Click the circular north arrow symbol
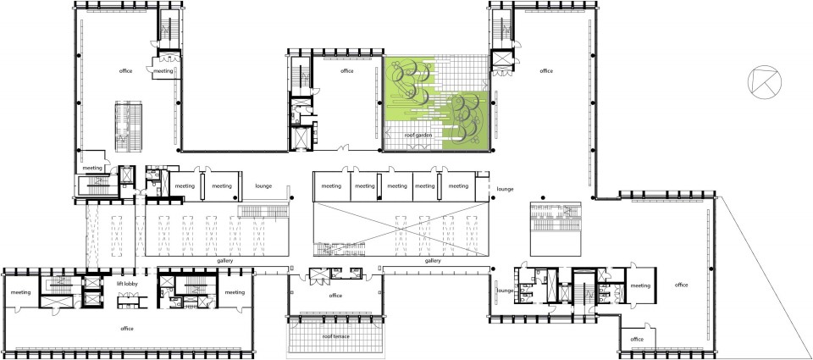764,81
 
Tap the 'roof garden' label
418,136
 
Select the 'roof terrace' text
335,336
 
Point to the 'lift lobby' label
127,285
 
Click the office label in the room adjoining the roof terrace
335,296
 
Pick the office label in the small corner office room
637,340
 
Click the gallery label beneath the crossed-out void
433,261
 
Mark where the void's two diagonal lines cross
401,229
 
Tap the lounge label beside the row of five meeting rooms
505,190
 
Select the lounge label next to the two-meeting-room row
263,186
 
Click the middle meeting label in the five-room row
397,186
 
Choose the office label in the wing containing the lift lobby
127,329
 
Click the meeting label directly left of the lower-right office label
640,285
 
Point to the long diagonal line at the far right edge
764,278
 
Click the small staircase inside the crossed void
329,250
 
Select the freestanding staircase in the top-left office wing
129,126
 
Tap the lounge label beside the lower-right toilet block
505,291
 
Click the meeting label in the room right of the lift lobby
235,292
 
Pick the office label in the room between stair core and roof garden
347,71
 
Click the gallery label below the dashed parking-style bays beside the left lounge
225,261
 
